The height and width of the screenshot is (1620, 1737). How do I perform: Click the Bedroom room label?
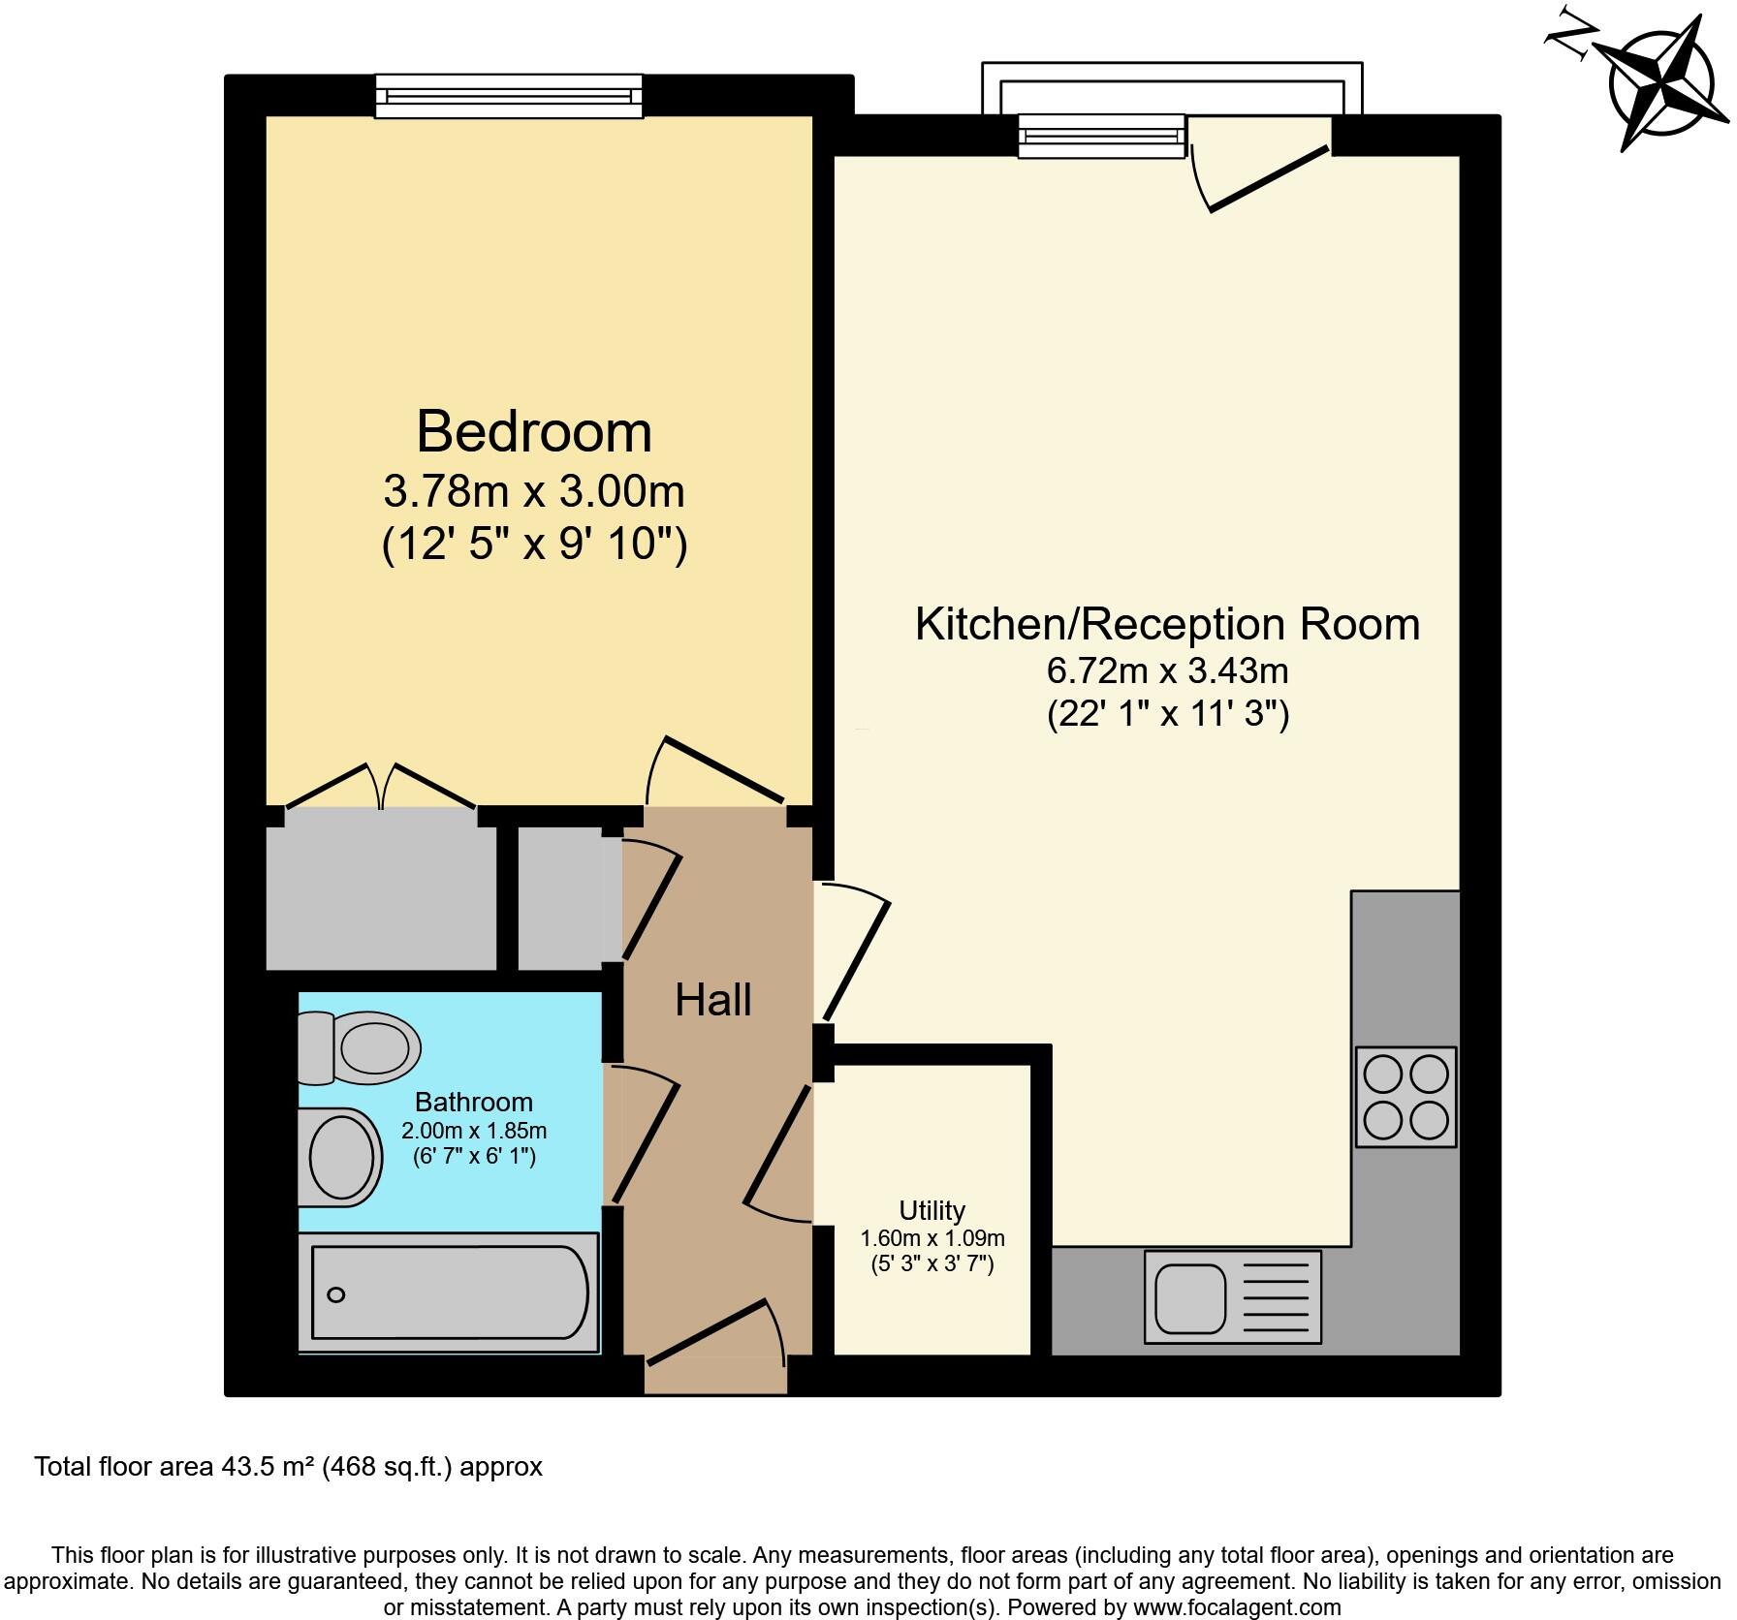534,432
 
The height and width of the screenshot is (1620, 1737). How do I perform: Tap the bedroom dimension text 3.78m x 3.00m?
534,492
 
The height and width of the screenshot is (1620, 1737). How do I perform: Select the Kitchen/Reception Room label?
1167,624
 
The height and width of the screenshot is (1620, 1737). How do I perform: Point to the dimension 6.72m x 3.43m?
1167,670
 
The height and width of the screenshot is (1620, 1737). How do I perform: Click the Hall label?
713,1000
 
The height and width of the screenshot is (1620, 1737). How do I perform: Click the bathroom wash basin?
339,1157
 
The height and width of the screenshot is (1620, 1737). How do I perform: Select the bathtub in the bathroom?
449,1293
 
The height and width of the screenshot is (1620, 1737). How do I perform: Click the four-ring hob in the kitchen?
1405,1097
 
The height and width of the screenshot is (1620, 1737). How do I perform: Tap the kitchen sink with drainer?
1232,1296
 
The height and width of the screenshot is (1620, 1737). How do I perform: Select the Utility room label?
932,1210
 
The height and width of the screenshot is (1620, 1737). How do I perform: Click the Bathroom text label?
473,1102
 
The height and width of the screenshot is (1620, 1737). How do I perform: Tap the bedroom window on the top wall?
509,96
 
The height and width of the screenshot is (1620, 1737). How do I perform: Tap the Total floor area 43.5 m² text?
288,1467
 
